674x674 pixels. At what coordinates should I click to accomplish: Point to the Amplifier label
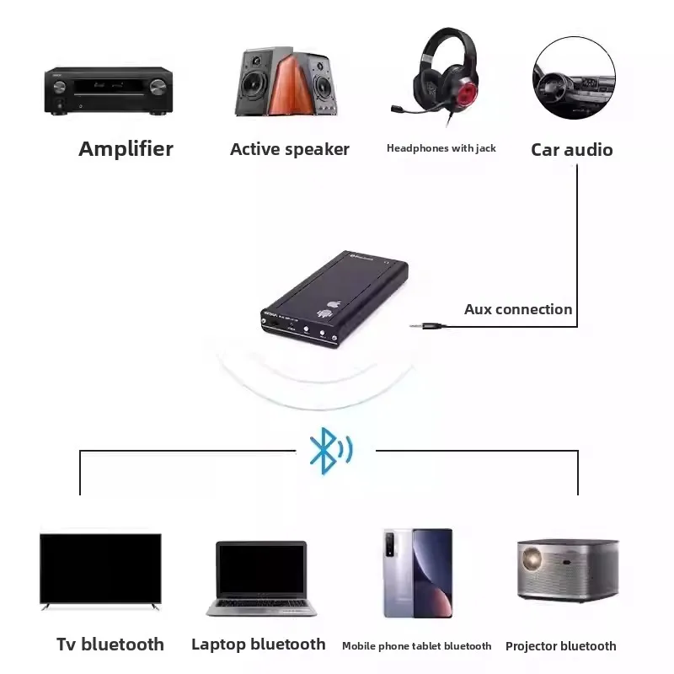(x=126, y=149)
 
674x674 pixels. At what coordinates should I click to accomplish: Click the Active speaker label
(x=289, y=150)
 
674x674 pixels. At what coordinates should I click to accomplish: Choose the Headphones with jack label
(x=441, y=148)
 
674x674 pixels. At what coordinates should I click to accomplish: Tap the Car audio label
(x=571, y=150)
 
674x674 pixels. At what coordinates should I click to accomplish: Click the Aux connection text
(x=518, y=309)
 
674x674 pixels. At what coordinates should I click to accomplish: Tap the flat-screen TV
(x=100, y=570)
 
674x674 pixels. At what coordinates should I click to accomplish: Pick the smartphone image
(x=418, y=573)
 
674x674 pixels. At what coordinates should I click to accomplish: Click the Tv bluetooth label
(x=110, y=645)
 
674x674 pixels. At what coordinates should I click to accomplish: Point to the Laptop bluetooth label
(x=258, y=645)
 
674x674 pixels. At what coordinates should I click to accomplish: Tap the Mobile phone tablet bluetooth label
(x=416, y=646)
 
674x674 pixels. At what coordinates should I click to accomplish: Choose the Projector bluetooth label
(x=560, y=646)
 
